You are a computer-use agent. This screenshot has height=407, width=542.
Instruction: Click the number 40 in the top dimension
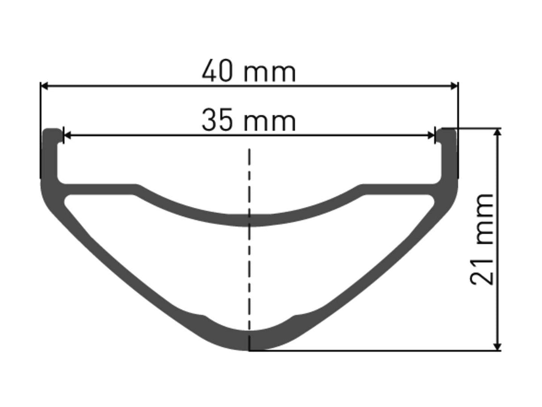217,71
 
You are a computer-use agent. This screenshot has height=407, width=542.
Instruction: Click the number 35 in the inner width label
217,120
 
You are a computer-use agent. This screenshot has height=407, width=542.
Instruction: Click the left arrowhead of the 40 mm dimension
44,86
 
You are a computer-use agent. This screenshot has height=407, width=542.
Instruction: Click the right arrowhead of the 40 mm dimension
454,86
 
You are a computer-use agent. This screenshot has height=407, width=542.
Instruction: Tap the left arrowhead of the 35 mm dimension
67,135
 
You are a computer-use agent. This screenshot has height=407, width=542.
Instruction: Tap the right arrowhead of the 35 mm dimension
431,135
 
